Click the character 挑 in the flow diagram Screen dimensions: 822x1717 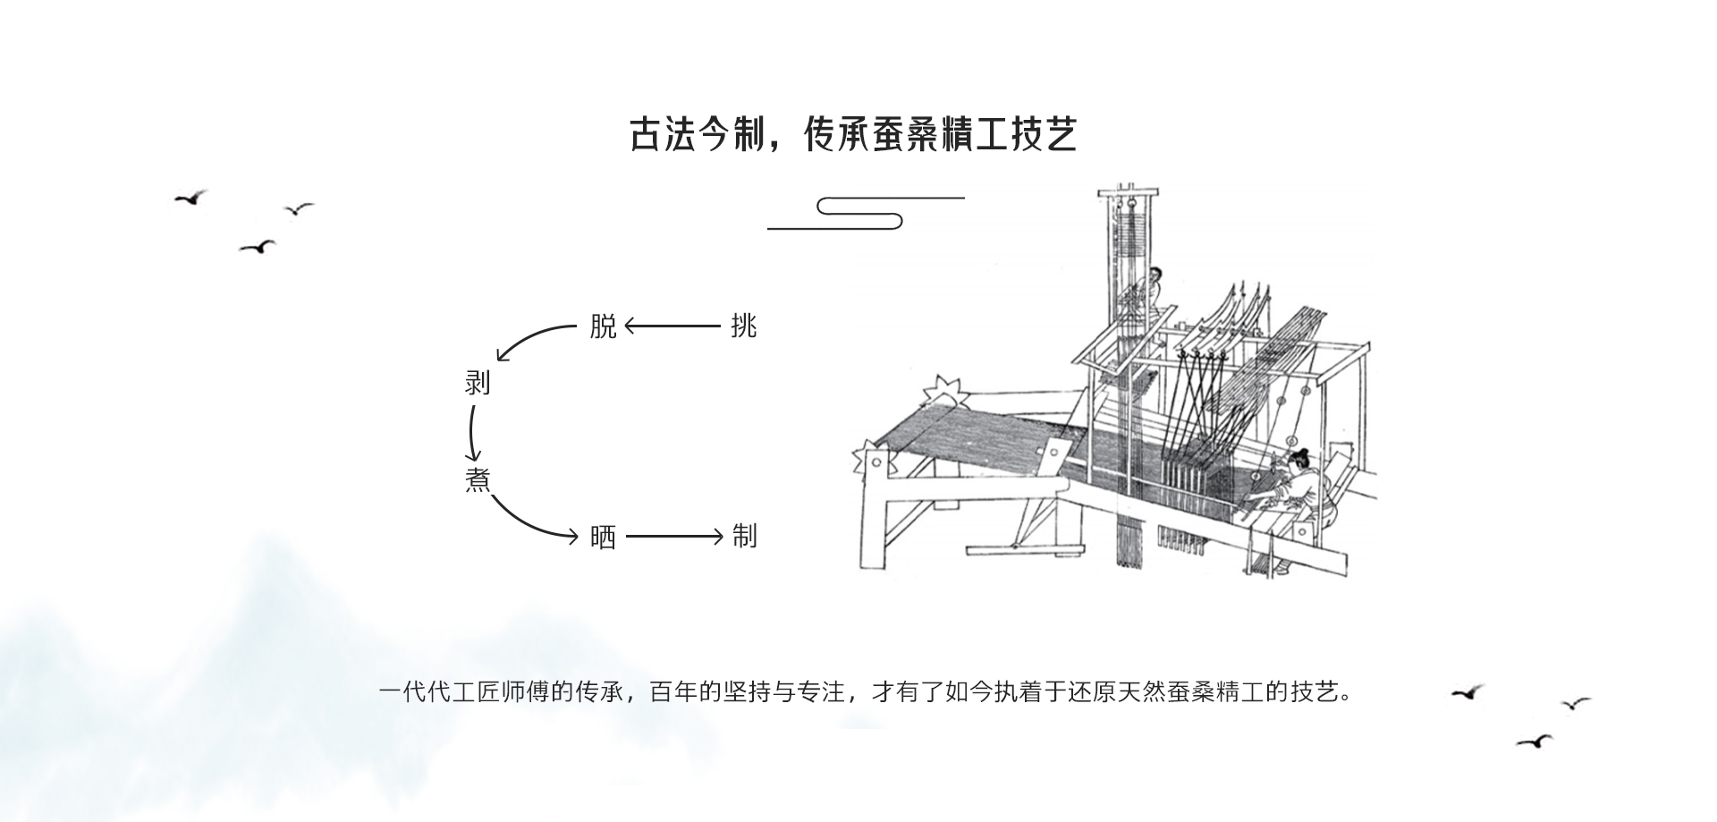coord(744,326)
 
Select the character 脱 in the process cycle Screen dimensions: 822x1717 coord(604,326)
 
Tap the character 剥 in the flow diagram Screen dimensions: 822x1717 coord(478,383)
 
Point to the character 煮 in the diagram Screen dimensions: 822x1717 coord(478,479)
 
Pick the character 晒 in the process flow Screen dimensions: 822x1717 coord(604,537)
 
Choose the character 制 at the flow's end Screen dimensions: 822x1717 coord(744,537)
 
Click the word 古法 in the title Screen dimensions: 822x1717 coord(662,134)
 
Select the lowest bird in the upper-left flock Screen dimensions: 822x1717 coord(258,247)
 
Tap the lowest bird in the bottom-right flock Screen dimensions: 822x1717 coord(1534,741)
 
